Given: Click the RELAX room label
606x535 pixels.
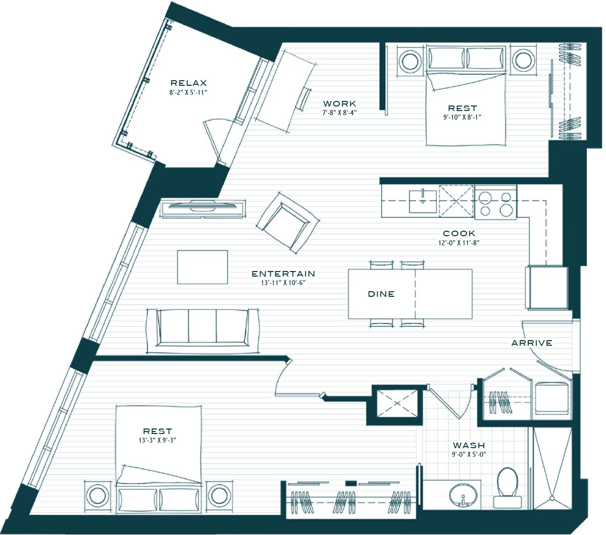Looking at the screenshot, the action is tap(188, 83).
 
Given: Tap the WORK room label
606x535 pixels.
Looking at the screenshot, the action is tap(340, 104).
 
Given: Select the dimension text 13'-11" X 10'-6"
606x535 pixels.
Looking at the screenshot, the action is tap(283, 283).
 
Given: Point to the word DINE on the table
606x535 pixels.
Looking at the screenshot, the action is tap(381, 294).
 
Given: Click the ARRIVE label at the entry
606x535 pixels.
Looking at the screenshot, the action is tap(532, 343).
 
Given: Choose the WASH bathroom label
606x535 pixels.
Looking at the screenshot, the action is tap(469, 445).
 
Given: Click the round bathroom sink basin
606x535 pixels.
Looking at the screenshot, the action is tap(463, 495).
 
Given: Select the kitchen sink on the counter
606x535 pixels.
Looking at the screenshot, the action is tap(423, 201).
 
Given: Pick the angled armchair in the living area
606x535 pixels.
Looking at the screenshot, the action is tap(288, 223).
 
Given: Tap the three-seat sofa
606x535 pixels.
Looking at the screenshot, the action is tap(203, 328).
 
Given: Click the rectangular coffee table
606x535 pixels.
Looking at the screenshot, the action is tap(203, 267).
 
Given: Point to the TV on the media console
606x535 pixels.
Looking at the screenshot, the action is tap(203, 205).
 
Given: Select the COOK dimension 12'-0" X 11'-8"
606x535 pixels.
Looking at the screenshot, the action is tap(459, 243).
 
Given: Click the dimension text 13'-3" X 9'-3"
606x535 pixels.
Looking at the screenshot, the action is tap(158, 440).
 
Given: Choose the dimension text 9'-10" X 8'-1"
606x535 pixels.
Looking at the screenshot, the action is tap(462, 117).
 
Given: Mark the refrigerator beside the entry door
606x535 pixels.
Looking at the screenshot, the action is tap(546, 287).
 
